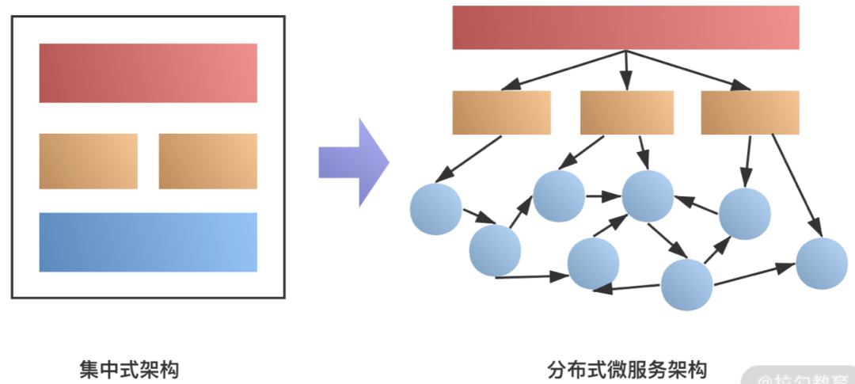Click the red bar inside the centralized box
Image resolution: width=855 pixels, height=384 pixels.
point(148,73)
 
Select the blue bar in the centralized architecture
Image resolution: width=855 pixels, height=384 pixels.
point(148,242)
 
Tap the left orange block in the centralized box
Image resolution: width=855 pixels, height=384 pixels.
point(88,162)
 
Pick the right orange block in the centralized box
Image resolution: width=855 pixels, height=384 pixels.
point(207,162)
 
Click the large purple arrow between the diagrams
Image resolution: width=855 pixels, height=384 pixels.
point(353,162)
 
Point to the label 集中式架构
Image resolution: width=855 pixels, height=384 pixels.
point(129,369)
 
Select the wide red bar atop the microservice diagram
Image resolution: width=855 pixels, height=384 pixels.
point(625,28)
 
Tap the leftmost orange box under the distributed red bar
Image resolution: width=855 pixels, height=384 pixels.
point(501,112)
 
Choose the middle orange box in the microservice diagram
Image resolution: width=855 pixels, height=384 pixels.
point(626,112)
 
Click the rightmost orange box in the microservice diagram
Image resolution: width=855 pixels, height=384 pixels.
point(750,112)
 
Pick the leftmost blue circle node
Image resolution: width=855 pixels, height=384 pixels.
point(435,209)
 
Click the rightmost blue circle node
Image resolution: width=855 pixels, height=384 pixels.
point(822,263)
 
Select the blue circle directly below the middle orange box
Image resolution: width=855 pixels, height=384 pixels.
point(648,195)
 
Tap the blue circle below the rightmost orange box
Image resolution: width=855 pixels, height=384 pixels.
point(744,214)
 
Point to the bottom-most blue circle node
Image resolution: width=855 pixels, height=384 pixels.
point(686,284)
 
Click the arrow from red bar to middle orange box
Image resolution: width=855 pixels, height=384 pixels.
point(625,70)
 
